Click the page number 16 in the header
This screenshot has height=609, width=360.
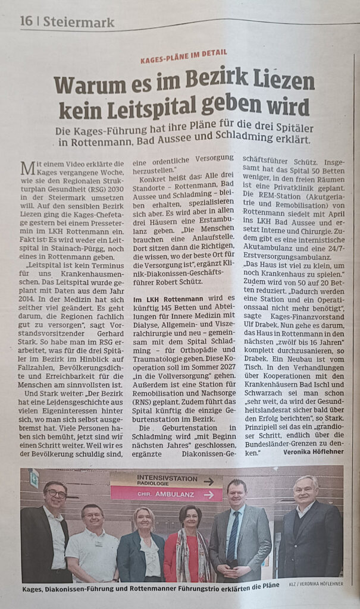(x=27, y=22)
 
